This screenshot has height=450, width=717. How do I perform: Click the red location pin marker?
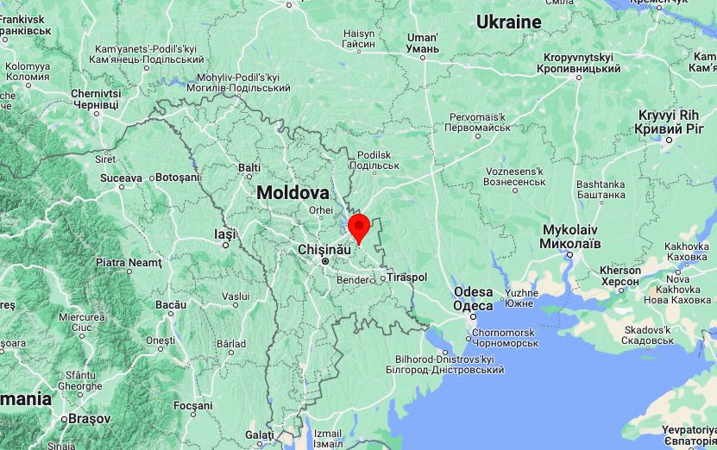[x=359, y=227]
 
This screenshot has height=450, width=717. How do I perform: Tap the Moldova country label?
[x=292, y=193]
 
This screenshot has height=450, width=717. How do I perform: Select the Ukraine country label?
[x=509, y=22]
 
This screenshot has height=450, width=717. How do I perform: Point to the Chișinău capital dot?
[x=325, y=260]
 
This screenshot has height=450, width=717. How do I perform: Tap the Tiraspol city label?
[x=407, y=278]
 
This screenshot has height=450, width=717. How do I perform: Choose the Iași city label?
[x=224, y=234]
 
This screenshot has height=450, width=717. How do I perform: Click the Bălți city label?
[x=249, y=167]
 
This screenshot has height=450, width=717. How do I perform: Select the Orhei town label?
[x=320, y=210]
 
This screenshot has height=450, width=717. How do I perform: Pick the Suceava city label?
[x=121, y=178]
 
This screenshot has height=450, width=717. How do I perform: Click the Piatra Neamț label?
[x=129, y=262]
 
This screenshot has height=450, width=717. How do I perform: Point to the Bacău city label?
[x=171, y=305]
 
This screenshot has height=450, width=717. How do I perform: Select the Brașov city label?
[x=90, y=418]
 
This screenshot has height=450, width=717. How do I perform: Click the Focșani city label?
[x=192, y=405]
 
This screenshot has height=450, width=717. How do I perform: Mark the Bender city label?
[x=351, y=280]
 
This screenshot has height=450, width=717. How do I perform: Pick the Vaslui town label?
[x=236, y=297]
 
